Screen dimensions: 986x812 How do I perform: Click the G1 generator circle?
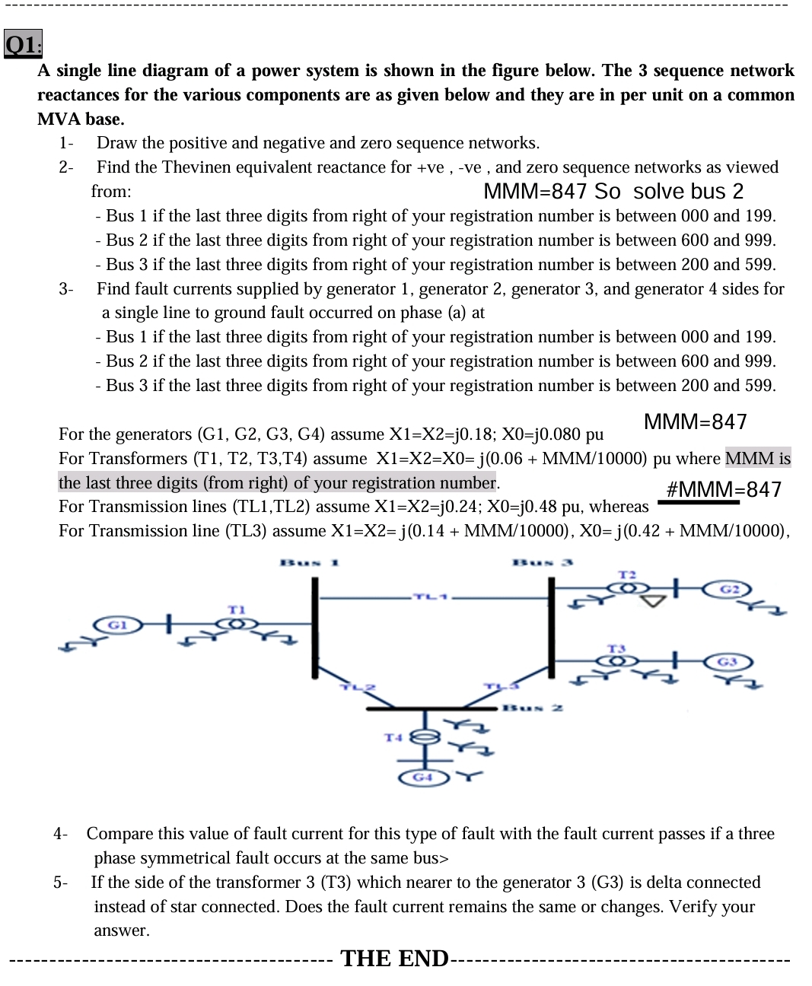click(x=116, y=625)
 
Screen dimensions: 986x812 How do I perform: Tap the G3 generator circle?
click(x=727, y=661)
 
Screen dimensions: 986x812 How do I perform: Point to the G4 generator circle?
click(x=423, y=777)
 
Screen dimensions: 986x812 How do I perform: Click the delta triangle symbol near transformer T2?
click(x=653, y=602)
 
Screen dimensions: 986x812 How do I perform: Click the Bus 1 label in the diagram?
click(x=310, y=563)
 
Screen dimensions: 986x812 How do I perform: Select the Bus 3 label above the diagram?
click(x=542, y=563)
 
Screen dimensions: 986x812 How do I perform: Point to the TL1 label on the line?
click(x=430, y=596)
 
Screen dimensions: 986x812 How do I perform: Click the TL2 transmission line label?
click(x=358, y=686)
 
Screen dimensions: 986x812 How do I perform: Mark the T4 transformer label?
click(x=393, y=737)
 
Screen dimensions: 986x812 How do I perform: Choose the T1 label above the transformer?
click(x=237, y=609)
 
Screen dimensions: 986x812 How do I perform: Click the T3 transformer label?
click(x=616, y=648)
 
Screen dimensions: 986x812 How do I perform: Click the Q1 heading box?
click(x=23, y=45)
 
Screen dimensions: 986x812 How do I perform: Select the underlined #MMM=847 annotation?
click(x=723, y=489)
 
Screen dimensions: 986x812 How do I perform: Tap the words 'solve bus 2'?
click(x=688, y=191)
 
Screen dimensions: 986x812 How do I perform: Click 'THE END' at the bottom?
click(x=394, y=958)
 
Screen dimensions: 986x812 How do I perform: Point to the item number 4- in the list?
click(x=60, y=834)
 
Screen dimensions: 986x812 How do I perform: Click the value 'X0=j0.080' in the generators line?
click(x=540, y=434)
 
